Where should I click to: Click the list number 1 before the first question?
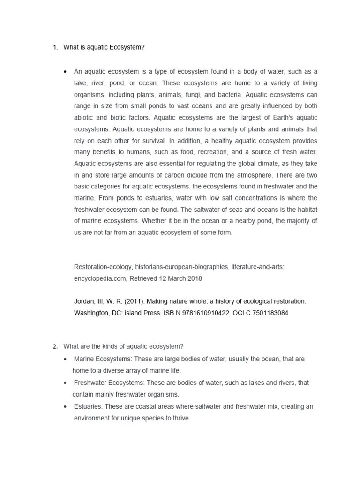54,47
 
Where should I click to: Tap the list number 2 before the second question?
54,346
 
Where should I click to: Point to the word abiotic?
84,118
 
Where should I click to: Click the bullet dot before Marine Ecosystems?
65,359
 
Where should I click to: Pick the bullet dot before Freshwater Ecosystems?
65,382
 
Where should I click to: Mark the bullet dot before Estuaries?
65,406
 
